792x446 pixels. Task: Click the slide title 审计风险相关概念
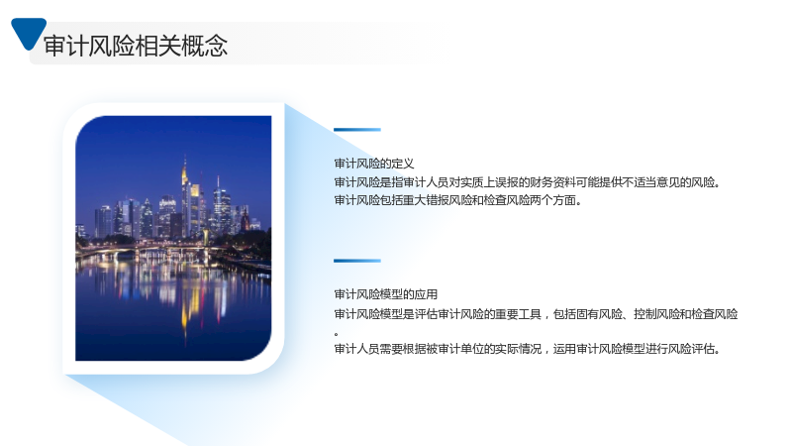point(136,46)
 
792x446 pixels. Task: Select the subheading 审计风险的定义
point(374,164)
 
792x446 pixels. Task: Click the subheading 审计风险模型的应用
point(385,294)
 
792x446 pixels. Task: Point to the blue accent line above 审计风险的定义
point(357,130)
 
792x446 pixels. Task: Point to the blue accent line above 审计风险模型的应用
point(357,261)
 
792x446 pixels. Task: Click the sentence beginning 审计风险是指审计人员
point(527,182)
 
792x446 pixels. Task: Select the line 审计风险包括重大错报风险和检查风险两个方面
point(457,200)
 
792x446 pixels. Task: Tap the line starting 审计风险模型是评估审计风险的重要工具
point(536,314)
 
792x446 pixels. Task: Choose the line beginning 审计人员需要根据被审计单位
point(527,349)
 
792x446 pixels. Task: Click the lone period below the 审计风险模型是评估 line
point(337,334)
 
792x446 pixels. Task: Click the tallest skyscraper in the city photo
point(185,197)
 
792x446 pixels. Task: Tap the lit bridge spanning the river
point(151,248)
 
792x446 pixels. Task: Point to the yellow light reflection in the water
point(184,308)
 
